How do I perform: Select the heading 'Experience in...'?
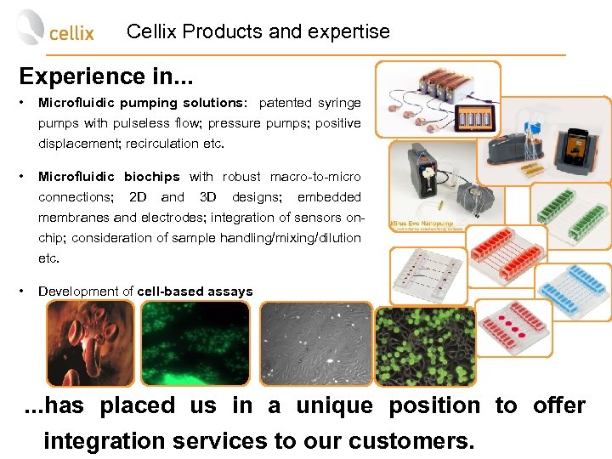click(106, 76)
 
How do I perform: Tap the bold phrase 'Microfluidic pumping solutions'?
click(140, 103)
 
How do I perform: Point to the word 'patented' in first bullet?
click(285, 103)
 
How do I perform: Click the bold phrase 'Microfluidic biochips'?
click(109, 177)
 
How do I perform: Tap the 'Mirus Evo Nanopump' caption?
click(425, 226)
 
